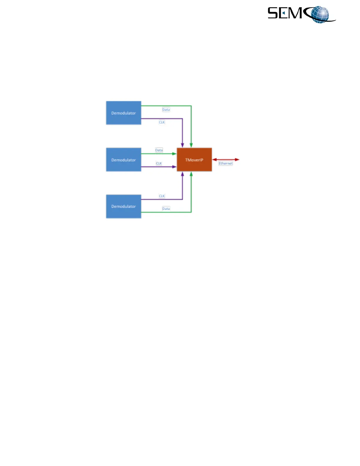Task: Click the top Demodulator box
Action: [x=124, y=113]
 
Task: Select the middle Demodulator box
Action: [x=124, y=160]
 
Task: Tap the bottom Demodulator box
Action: [x=124, y=207]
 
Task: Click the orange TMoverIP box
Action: [x=194, y=160]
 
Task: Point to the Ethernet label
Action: [x=226, y=163]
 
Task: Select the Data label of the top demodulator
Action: [x=166, y=109]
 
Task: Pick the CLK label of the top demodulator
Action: [x=162, y=122]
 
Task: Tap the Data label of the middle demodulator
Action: [x=159, y=150]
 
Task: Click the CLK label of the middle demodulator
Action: [x=159, y=163]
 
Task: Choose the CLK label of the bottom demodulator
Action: [x=162, y=196]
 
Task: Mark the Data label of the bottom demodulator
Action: [x=166, y=209]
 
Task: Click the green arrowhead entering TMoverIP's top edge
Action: [x=191, y=145]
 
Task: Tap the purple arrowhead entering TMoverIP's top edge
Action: [x=182, y=145]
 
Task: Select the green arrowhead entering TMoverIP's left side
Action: [x=174, y=154]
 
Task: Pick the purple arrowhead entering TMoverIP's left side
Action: [x=174, y=167]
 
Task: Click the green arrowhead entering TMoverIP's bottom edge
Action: [x=191, y=174]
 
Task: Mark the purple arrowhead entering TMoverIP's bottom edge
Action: [x=182, y=174]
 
